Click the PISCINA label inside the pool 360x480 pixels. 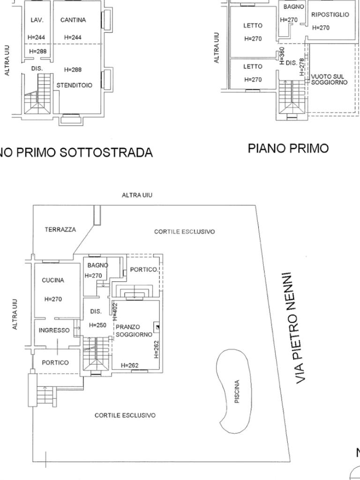(237, 391)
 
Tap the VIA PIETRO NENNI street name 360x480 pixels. (296, 328)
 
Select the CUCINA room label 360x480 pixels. (53, 280)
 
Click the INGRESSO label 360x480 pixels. (54, 330)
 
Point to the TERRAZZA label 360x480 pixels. (60, 229)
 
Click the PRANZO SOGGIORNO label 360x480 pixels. (134, 330)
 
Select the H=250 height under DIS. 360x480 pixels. (97, 325)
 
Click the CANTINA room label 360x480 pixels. (73, 20)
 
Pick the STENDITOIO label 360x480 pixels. (74, 85)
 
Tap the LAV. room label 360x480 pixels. (37, 20)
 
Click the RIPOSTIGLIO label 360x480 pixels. (330, 15)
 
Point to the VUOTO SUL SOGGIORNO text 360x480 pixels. (329, 79)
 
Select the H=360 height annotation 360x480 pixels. (282, 55)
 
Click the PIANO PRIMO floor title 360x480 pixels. (288, 148)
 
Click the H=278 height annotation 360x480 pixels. (302, 67)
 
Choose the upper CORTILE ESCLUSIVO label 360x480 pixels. (184, 232)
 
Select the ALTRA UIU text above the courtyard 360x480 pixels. (137, 195)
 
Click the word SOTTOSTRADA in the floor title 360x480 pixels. (105, 152)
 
